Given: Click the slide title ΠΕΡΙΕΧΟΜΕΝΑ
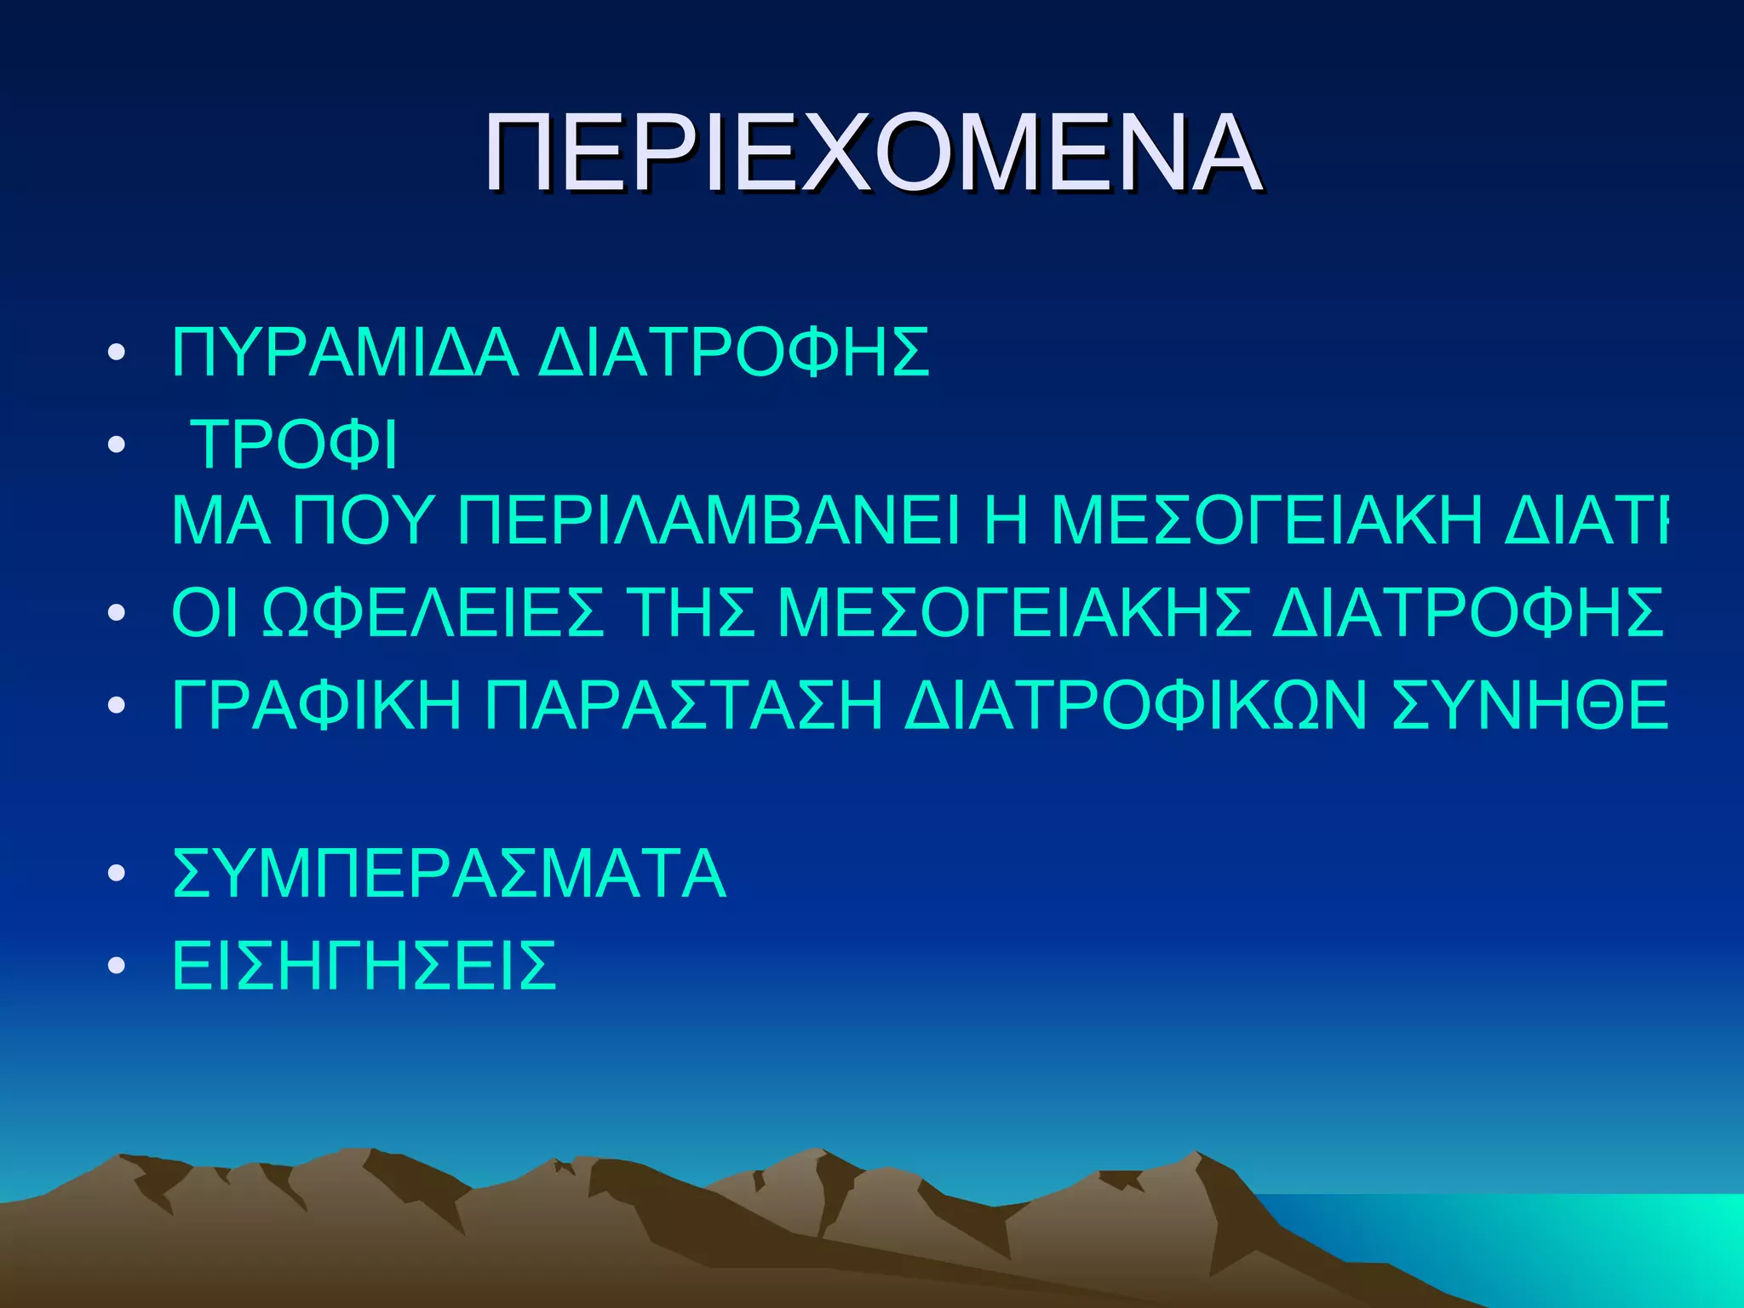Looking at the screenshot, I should click(873, 154).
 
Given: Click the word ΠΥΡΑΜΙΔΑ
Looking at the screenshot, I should click(345, 352).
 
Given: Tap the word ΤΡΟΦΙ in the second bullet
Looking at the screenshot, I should click(295, 445).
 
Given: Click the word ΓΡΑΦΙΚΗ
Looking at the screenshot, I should click(316, 705).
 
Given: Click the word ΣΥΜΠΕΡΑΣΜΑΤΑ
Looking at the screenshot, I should click(449, 874).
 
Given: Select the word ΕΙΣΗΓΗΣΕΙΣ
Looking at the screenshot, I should click(364, 966).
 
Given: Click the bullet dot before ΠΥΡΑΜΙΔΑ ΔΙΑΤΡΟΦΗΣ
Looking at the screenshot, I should click(117, 353).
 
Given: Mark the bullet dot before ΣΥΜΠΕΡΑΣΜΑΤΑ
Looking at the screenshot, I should click(117, 875).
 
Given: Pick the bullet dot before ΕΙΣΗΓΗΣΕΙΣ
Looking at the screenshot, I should click(117, 967).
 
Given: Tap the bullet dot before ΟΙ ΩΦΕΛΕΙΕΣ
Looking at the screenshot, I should click(117, 614).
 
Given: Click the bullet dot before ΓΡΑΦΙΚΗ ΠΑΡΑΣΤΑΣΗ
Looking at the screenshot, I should click(117, 706).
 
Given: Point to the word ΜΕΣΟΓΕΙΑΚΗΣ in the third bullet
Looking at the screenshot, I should click(1014, 613).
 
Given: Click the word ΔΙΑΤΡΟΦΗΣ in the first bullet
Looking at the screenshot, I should click(733, 352).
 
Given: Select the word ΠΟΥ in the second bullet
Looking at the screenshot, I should click(363, 520).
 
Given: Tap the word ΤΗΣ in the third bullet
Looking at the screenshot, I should click(691, 613).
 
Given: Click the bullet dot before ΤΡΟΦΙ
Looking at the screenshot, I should click(117, 445).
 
